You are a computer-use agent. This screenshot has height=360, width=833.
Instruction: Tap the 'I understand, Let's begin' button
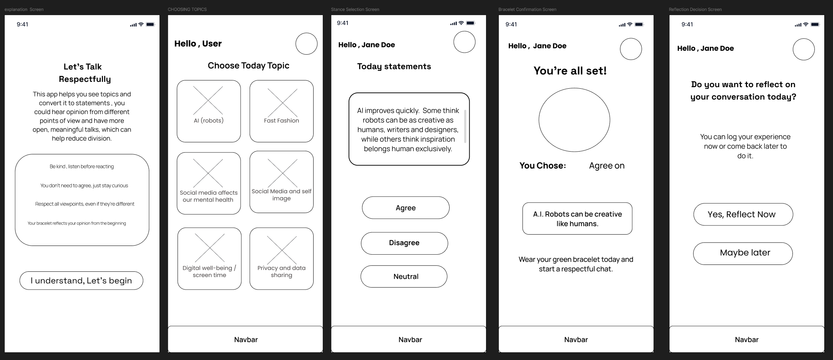81,280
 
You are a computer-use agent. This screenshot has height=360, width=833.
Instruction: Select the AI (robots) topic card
209,111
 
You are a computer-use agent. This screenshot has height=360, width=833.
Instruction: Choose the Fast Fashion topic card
281,111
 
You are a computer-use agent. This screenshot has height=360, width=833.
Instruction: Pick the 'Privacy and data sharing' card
281,258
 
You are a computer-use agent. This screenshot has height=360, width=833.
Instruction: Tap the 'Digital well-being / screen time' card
209,258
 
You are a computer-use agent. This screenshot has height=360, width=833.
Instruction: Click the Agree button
405,208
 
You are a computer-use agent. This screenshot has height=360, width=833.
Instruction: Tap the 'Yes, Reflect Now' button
743,214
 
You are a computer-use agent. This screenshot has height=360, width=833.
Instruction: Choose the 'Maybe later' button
742,253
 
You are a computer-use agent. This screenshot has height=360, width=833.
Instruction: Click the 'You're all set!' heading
570,71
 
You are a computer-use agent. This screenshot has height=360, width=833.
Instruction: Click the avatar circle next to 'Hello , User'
306,44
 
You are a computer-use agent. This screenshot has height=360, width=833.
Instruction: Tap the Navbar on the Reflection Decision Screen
746,339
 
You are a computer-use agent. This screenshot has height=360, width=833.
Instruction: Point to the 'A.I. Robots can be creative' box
577,219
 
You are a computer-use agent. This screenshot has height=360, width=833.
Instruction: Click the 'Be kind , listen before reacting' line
81,166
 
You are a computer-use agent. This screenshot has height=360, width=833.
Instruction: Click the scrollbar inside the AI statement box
465,126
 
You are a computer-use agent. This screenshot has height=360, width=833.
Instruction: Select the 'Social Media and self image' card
281,182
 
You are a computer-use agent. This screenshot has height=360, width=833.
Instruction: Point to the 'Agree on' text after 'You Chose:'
606,166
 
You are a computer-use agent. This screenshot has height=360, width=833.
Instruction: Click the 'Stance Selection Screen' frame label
355,9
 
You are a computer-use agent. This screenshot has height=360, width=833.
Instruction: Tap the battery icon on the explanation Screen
150,25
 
